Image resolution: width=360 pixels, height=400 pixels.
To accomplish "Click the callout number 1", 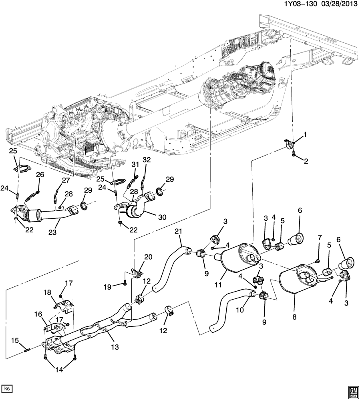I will click(305, 135).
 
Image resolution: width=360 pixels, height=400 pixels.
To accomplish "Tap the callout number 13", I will click(115, 348).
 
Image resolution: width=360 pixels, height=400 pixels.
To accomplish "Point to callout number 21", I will click(178, 231).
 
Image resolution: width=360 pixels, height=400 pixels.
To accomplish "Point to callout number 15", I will click(15, 340).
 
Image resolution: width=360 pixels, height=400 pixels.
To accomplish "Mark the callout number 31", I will click(135, 164).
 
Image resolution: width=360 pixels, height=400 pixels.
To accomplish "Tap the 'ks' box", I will click(7, 388).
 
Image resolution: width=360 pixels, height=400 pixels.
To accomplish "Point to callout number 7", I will click(320, 249).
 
